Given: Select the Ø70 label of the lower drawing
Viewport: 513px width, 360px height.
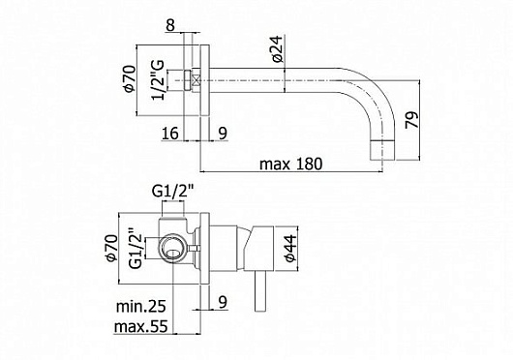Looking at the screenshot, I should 125,246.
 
